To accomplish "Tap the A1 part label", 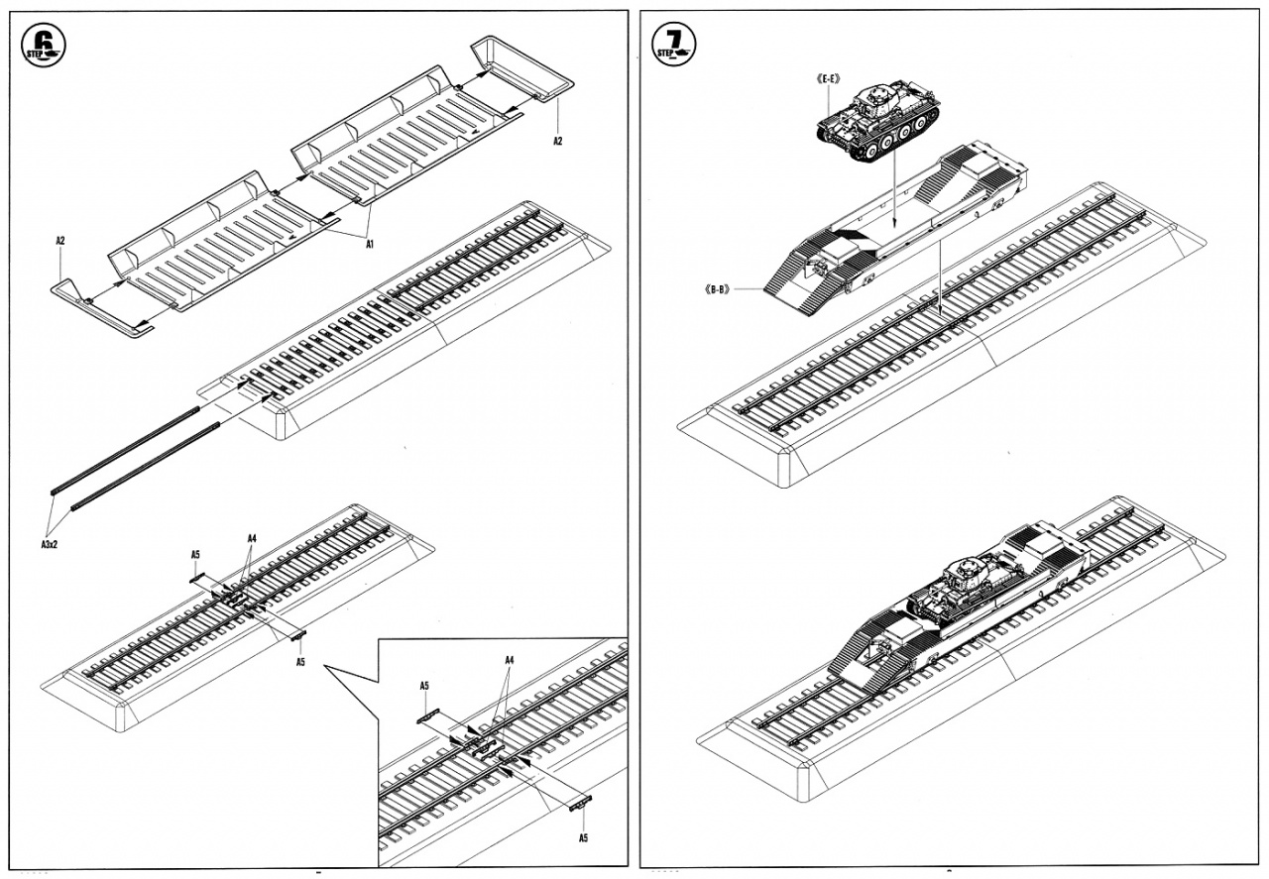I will tap(369, 243).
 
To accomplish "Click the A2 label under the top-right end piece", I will tap(557, 142).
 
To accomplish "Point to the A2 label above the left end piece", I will tap(59, 240).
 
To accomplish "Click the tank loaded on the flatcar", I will tap(967, 585).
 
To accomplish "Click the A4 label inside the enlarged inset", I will tap(510, 659).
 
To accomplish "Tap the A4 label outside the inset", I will tap(252, 539).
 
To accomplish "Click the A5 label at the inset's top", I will tap(424, 685).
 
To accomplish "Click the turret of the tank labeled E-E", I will tap(877, 96).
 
